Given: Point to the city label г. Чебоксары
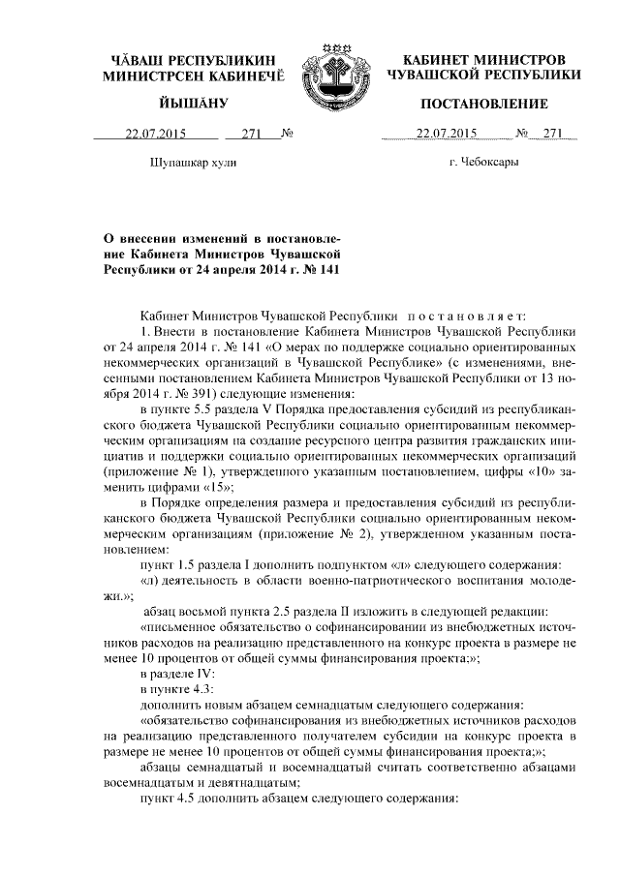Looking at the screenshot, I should click(484, 163).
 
